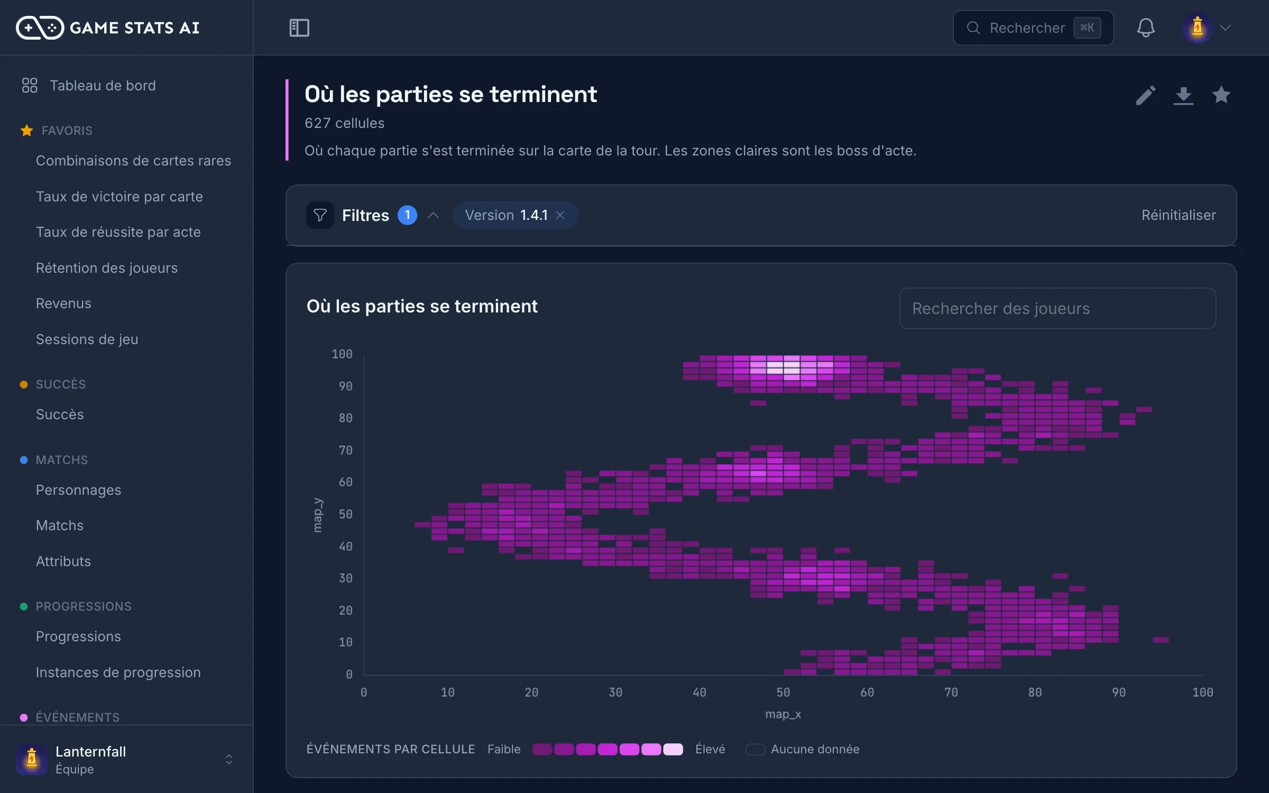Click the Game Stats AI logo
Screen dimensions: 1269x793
(108, 27)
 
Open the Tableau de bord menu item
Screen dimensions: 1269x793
(103, 86)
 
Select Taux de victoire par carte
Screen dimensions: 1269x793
(119, 197)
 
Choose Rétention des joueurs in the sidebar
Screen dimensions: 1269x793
(107, 268)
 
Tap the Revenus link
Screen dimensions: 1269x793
(63, 303)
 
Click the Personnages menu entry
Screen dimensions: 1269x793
(78, 490)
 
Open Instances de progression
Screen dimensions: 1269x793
(118, 672)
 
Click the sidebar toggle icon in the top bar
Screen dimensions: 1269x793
(299, 27)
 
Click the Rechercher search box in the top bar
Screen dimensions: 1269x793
(1033, 27)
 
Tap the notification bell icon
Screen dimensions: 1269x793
(1146, 27)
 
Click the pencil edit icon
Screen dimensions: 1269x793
(1146, 96)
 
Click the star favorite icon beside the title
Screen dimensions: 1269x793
(1221, 95)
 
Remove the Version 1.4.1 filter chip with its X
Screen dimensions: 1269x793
(560, 215)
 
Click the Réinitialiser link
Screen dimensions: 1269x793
(1179, 215)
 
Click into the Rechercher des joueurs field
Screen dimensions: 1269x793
(1057, 308)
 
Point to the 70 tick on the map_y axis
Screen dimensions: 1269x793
(345, 450)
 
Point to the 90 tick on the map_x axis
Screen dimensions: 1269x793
(1119, 693)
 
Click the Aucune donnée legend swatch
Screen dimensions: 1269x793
(755, 749)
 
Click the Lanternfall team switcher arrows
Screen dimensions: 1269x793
(229, 760)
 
